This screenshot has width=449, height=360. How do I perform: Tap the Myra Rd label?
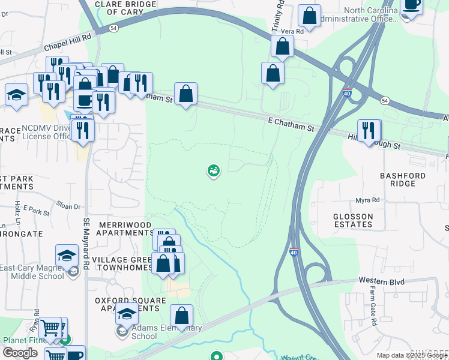[x=368, y=200]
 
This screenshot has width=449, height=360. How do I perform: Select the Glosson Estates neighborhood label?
[x=354, y=220]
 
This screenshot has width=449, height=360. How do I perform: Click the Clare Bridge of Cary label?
[x=125, y=8]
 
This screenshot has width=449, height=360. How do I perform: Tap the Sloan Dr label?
[x=68, y=206]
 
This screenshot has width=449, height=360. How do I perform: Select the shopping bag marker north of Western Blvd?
[x=182, y=316]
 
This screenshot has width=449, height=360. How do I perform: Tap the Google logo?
[x=20, y=353]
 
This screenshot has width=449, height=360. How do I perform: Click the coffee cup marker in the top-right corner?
[x=412, y=5]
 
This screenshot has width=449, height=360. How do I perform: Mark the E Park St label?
[x=36, y=212]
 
